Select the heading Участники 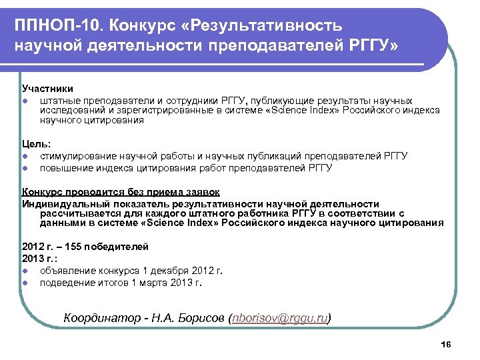click(47, 89)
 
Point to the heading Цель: click(37, 143)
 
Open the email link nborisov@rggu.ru click(279, 318)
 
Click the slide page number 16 click(446, 344)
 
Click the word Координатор click(101, 318)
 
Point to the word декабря click(165, 271)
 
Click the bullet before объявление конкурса click(25, 271)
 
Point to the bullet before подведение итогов click(25, 282)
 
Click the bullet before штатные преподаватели click(25, 100)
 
